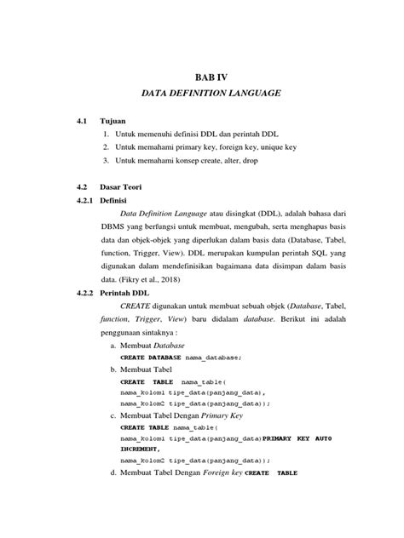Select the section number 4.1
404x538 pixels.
pyautogui.click(x=83, y=122)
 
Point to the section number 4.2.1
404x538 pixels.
pyautogui.click(x=86, y=202)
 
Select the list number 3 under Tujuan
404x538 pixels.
pyautogui.click(x=106, y=160)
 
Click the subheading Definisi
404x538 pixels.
pyautogui.click(x=119, y=202)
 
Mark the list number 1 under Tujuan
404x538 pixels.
pyautogui.click(x=106, y=134)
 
